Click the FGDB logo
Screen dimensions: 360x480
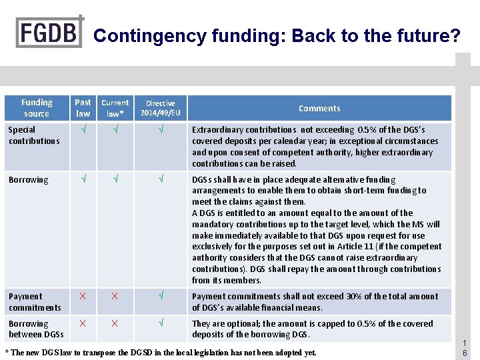coord(50,31)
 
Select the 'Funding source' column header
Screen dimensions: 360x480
coord(37,108)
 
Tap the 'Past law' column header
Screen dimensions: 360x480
coord(83,108)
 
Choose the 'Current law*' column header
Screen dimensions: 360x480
coord(115,108)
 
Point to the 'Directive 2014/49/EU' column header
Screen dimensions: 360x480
coord(161,108)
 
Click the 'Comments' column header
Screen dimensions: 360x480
coord(319,108)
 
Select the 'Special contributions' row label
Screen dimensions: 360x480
coord(34,135)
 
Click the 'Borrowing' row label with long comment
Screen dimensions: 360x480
coord(29,180)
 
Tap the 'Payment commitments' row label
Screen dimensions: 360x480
coord(35,302)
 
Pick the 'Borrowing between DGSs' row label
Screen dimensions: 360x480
coord(36,329)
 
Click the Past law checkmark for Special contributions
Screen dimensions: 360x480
coord(83,130)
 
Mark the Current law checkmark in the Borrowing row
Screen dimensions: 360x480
coord(115,180)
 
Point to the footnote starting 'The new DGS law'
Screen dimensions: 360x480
coord(161,352)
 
